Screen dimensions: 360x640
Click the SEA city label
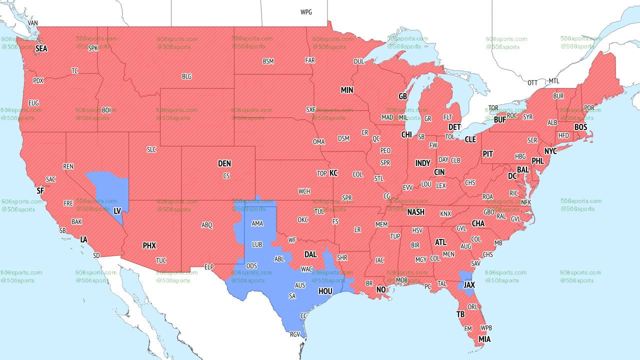pos(41,48)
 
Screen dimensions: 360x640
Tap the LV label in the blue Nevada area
pos(117,211)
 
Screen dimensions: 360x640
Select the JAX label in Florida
pos(469,284)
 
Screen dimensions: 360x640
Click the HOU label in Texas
pos(325,290)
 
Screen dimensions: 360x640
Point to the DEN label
pos(224,163)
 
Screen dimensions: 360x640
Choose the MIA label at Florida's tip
pos(484,339)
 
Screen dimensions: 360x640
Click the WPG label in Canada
pos(306,12)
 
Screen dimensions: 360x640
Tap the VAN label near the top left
pos(33,23)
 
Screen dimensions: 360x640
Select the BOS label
pos(580,127)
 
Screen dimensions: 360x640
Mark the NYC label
pos(550,151)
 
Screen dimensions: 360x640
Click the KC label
pos(333,173)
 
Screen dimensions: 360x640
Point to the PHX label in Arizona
pos(149,245)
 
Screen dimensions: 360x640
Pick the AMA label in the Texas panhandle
pos(257,223)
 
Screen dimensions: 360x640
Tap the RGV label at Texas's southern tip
pos(295,334)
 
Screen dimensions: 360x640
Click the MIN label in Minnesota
pos(346,90)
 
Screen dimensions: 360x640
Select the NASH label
pos(415,212)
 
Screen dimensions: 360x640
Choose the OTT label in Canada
pos(532,82)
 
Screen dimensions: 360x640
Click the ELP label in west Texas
pos(209,267)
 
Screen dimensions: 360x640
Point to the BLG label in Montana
pos(186,76)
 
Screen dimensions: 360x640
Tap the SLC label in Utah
pos(151,149)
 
